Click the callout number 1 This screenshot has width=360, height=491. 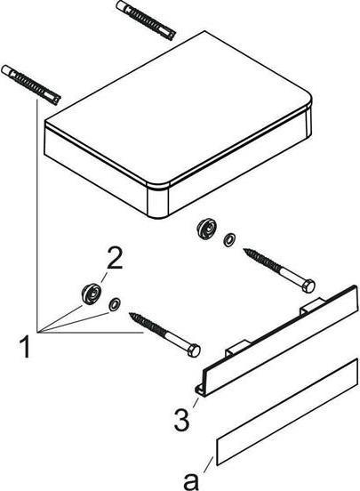[25, 346]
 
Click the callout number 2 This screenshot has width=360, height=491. [115, 257]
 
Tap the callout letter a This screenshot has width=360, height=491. [191, 480]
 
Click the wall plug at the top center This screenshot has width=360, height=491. [145, 20]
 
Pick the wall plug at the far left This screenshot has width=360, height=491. [31, 85]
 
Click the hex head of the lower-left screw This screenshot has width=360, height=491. [194, 350]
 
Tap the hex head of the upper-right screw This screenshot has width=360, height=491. [308, 286]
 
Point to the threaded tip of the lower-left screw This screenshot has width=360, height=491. [132, 315]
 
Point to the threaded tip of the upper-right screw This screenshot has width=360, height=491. [247, 251]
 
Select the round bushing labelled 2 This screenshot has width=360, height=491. [91, 294]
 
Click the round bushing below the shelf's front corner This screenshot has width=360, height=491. [206, 229]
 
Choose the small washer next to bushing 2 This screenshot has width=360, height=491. [114, 304]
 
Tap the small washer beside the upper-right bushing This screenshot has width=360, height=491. [229, 240]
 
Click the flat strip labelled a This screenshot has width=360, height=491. [287, 412]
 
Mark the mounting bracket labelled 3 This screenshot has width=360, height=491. [277, 342]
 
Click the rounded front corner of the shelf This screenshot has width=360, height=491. [158, 200]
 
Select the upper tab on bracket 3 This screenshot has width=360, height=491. [313, 306]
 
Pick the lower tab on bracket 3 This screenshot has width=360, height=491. [238, 348]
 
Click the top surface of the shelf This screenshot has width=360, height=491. [179, 108]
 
